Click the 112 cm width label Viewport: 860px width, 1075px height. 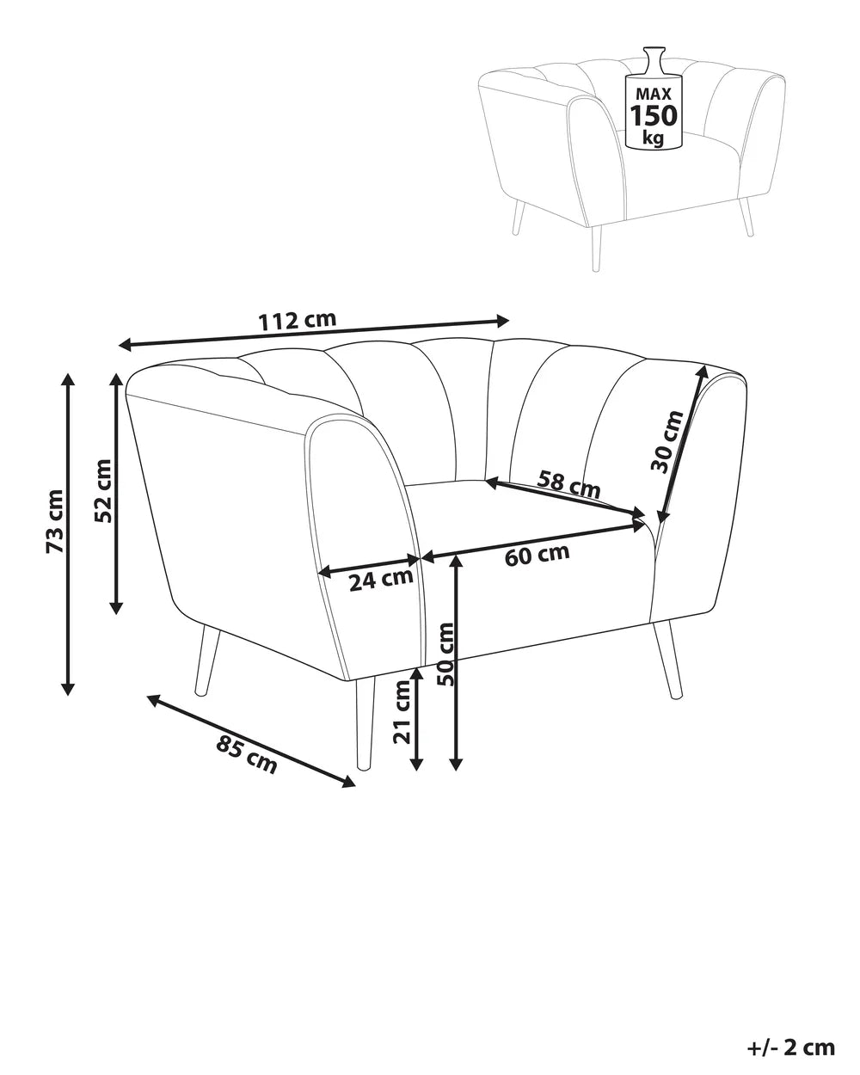[297, 320]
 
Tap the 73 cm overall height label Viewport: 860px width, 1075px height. [55, 521]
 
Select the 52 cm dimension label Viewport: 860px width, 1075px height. [103, 490]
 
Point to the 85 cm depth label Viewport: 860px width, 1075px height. [246, 761]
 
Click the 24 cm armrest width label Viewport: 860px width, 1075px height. [381, 579]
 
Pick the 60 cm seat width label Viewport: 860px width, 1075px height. [537, 555]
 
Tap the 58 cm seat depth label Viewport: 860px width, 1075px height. [568, 483]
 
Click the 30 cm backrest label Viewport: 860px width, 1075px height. [666, 441]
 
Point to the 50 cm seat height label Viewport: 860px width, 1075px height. [445, 654]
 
